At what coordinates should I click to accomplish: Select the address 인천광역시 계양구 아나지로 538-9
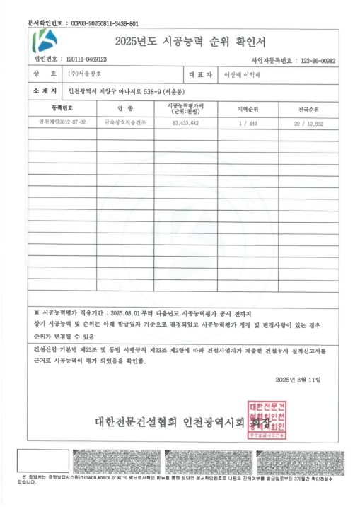coord(124,92)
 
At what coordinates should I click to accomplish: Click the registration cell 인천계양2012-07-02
coord(62,122)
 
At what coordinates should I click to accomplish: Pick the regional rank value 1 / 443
coord(251,122)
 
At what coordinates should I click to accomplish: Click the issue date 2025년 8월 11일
coord(298,380)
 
